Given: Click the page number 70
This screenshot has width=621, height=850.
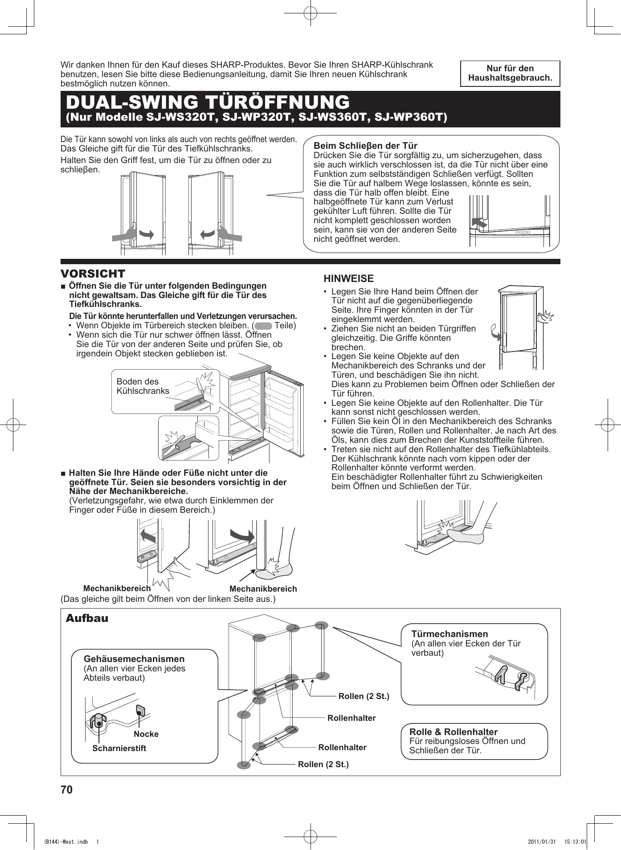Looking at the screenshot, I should click(66, 789).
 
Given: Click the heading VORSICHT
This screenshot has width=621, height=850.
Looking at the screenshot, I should click(93, 274).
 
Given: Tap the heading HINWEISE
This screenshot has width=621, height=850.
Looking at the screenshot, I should click(348, 278).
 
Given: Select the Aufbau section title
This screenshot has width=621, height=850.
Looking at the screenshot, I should click(87, 618).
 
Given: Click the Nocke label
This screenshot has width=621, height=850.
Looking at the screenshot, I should click(146, 734).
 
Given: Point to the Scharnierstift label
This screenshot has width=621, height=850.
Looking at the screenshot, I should click(119, 748).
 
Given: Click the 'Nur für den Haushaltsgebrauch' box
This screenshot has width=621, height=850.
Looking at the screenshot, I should click(510, 74).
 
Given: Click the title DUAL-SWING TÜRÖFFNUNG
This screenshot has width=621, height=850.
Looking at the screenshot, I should click(208, 102).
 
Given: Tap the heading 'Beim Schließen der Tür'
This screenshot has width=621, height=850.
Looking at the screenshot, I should click(365, 146).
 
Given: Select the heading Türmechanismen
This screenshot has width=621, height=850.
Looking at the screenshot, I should click(449, 633).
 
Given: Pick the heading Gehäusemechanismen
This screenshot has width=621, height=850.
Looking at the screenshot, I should click(134, 658).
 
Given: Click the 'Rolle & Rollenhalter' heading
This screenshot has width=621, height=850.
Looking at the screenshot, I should click(453, 731).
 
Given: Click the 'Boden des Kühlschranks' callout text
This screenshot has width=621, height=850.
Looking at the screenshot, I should click(143, 386).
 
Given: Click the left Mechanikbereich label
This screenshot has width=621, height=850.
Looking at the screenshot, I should click(117, 588).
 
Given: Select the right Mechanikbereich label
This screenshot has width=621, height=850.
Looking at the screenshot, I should click(263, 588).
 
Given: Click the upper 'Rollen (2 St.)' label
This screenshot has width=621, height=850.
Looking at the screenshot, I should click(364, 696).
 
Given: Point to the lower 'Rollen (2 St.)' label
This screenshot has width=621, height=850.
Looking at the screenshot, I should click(323, 764).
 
